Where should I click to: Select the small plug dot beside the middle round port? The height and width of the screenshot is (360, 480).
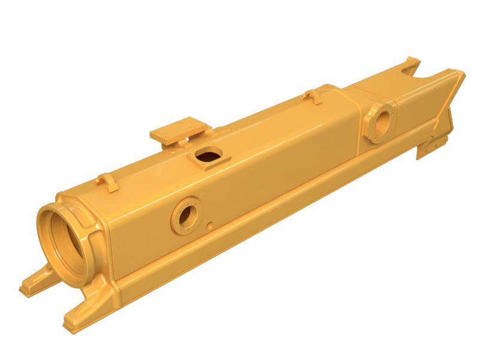pos(209,226)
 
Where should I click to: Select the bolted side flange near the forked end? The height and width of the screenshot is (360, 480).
pos(379,121)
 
